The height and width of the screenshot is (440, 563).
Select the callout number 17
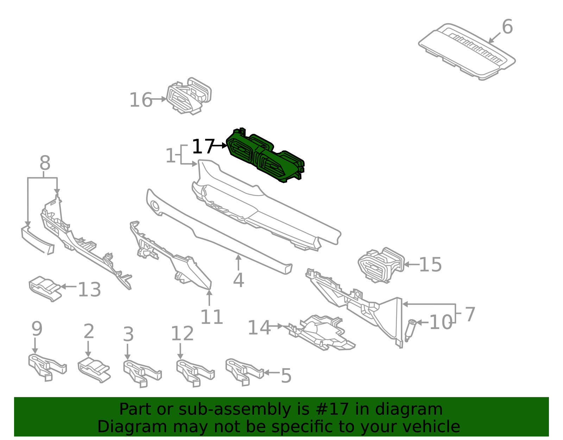click(x=203, y=146)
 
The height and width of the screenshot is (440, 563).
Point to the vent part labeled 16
click(x=189, y=96)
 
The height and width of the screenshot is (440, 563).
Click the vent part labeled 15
click(x=381, y=265)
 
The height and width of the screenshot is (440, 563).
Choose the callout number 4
click(x=238, y=280)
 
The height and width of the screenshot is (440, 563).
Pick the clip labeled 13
click(x=45, y=289)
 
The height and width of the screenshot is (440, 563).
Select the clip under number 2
click(x=94, y=370)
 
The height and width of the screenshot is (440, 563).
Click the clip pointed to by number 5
click(x=244, y=372)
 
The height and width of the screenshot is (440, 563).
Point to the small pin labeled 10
click(x=410, y=330)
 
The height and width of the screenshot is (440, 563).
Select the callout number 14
click(x=259, y=327)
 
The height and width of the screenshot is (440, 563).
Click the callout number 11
click(x=211, y=317)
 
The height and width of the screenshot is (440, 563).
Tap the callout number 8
click(x=45, y=163)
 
